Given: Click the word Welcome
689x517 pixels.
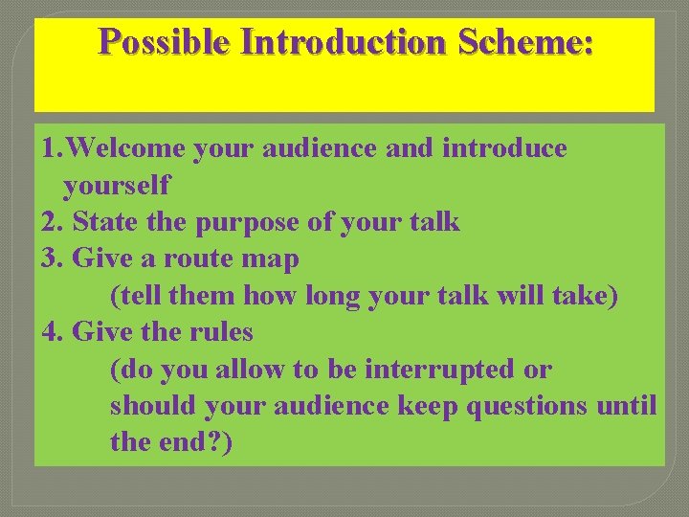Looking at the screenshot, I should tap(128, 149).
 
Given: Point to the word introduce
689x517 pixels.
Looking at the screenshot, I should tap(504, 149).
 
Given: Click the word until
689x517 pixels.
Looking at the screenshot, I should tap(627, 406).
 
